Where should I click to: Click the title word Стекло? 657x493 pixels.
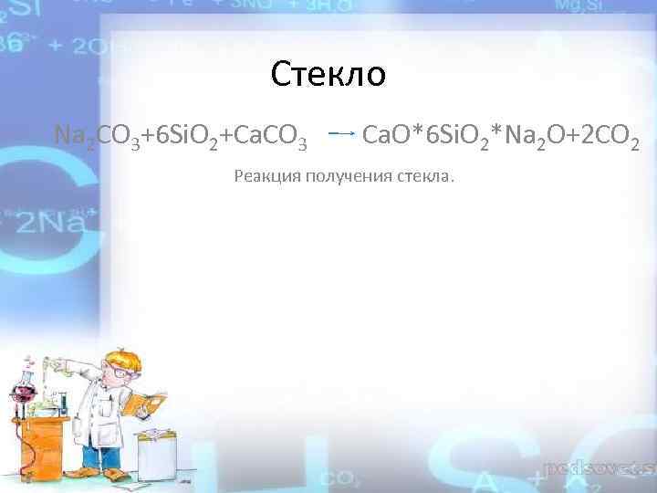(x=328, y=74)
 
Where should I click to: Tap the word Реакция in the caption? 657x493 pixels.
(x=266, y=175)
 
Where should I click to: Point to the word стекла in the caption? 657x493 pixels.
(x=424, y=175)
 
